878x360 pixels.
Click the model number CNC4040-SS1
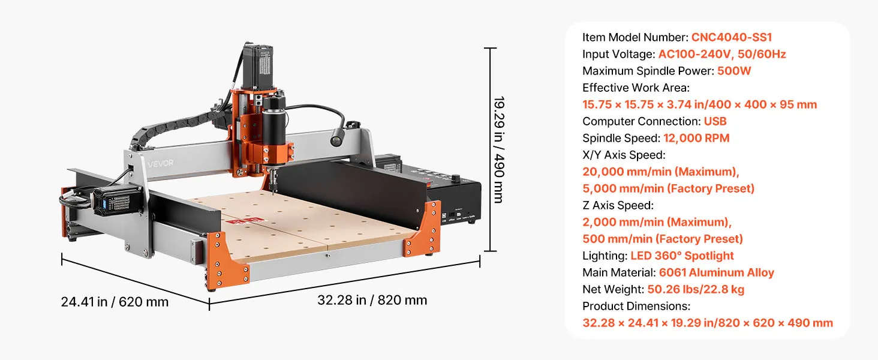tap(732, 37)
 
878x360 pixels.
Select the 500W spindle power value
tap(733, 71)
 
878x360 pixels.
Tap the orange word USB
tap(715, 121)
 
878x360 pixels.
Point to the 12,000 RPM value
tap(696, 138)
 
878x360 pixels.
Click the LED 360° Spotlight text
tap(682, 256)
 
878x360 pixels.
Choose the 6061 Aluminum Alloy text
tap(717, 272)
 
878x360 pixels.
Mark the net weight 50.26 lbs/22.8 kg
tap(696, 289)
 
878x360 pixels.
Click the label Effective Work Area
tap(636, 88)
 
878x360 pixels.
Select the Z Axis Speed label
tap(618, 205)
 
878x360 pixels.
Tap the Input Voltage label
tap(618, 54)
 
